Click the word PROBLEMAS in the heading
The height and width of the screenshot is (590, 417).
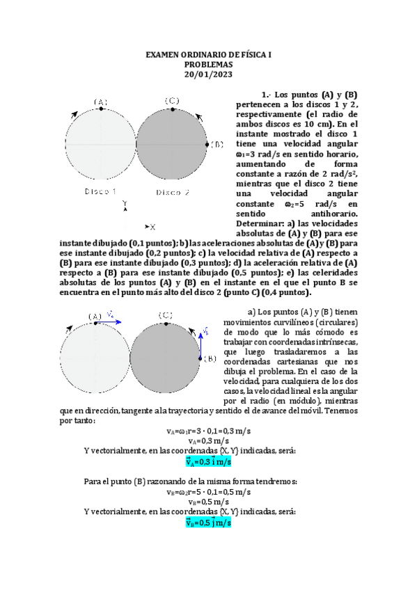(208, 64)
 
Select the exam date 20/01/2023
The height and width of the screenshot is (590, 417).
(208, 74)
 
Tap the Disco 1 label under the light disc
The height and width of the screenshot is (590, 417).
(101, 191)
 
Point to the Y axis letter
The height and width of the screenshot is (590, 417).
(125, 204)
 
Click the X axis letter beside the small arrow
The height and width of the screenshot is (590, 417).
(152, 227)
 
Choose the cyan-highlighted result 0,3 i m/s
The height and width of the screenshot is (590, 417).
(209, 461)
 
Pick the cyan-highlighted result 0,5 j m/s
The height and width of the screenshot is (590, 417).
(209, 523)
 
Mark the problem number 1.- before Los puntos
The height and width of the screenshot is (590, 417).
(265, 94)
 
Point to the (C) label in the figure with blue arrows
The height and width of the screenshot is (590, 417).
(166, 315)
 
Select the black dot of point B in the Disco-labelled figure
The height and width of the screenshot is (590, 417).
(207, 144)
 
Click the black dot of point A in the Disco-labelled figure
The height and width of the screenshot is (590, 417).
(101, 109)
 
